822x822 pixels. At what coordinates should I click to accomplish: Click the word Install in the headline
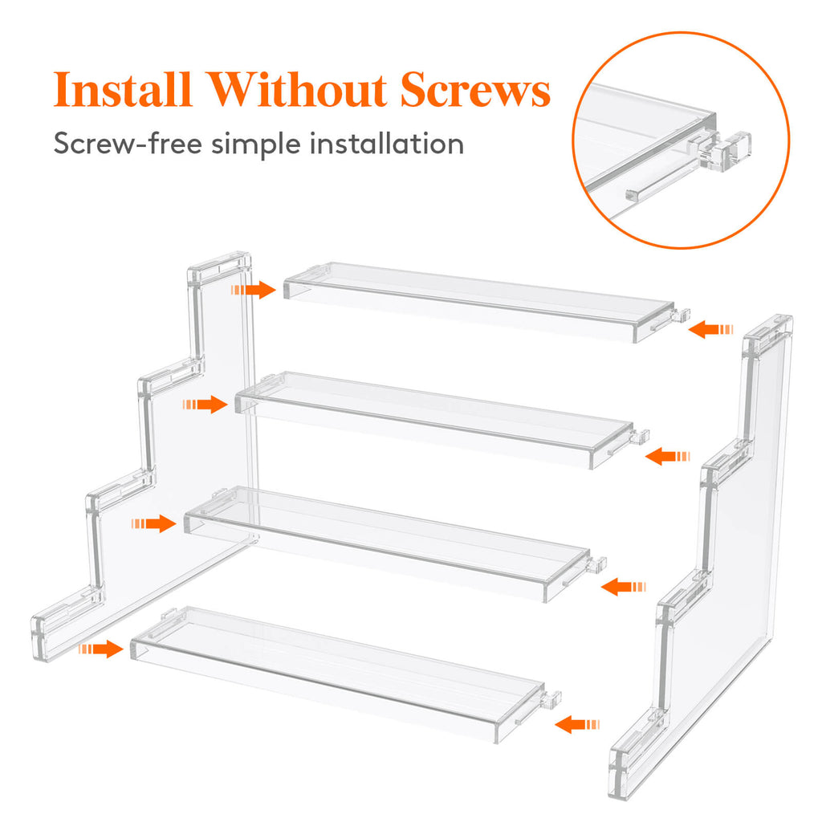coord(120,91)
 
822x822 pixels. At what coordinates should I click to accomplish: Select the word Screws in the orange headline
coord(475,91)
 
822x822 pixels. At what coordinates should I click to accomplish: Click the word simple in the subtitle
coord(259,144)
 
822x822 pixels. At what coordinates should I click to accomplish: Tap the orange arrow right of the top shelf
coord(712,328)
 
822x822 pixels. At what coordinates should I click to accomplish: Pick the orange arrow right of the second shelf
coord(667,456)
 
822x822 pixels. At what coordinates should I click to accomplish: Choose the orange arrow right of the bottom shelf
coord(577,724)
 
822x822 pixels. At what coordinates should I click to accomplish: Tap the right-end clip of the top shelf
coord(680,317)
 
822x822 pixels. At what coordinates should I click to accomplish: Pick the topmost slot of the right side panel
coord(767,329)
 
